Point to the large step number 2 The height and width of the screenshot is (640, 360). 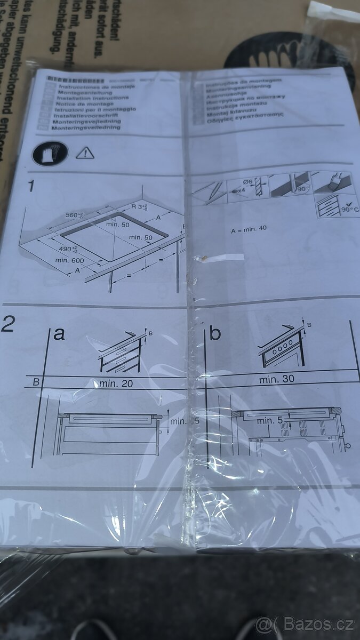[9, 324]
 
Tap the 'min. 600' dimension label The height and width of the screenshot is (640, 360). [69, 260]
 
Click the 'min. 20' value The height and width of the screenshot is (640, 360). [116, 383]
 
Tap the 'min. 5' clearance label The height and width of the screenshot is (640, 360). [269, 421]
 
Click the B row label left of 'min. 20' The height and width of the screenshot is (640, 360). [36, 382]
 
